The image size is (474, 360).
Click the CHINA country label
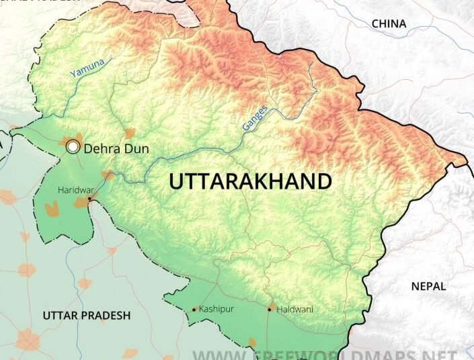pos(389,24)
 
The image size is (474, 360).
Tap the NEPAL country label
pos(428,286)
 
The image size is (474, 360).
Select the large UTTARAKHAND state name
pos(250,182)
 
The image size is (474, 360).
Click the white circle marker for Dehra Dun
pos(73,146)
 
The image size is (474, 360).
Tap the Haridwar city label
pos(75,190)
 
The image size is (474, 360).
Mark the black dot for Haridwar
pos(89,199)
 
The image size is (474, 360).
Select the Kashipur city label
pos(216,310)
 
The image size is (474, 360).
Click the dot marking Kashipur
pos(194,310)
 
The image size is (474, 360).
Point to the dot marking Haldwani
pos(271,310)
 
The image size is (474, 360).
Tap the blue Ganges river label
pos(255,117)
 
